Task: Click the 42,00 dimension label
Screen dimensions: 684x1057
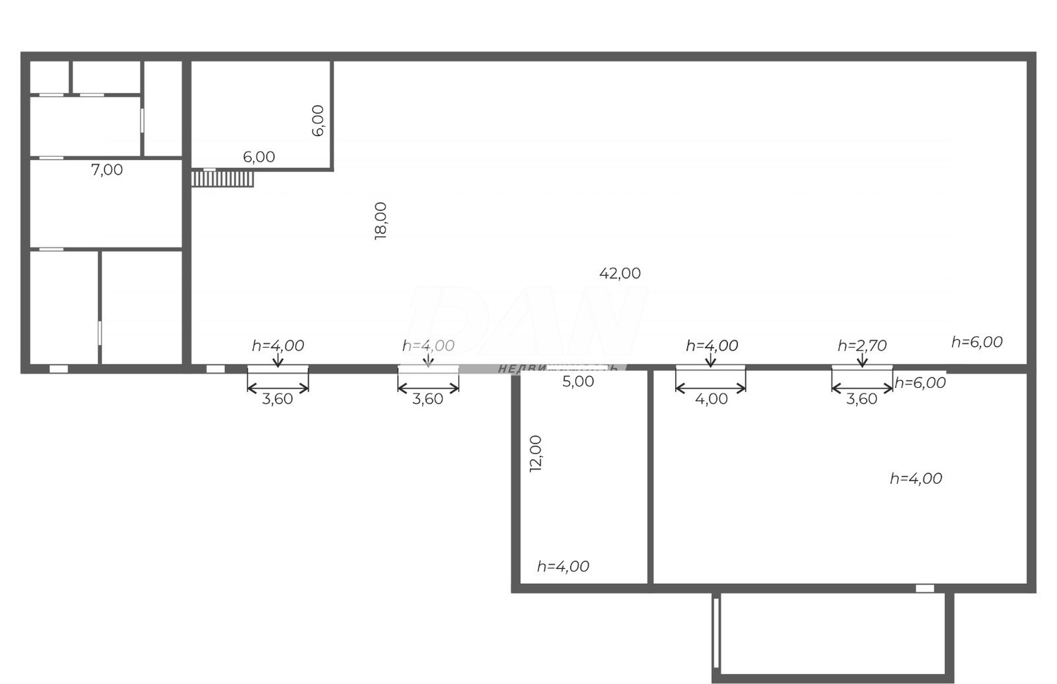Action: pos(620,274)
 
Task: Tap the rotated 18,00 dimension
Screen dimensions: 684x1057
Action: pos(381,221)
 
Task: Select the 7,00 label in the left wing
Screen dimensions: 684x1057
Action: pos(107,170)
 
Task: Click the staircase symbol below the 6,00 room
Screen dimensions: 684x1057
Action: pos(222,178)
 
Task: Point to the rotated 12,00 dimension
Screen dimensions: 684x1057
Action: pos(536,453)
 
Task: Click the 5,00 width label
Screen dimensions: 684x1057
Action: pos(578,381)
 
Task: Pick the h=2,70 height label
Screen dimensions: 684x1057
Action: pos(862,346)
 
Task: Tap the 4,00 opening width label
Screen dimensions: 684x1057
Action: pos(711,399)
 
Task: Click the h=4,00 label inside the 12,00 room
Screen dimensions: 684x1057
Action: pos(563,566)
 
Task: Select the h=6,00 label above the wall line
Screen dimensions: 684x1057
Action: pos(977,342)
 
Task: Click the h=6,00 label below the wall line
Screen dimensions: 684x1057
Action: pos(920,383)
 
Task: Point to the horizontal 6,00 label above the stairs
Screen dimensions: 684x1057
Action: pos(259,157)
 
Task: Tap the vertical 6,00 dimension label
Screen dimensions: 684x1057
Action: pos(318,120)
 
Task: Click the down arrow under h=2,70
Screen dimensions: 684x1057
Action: pos(862,360)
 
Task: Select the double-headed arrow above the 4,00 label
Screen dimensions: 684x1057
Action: pos(710,387)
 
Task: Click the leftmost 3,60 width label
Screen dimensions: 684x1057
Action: pos(278,399)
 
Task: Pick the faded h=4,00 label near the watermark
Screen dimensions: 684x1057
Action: pos(428,346)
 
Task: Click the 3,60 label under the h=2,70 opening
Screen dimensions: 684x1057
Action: pos(862,399)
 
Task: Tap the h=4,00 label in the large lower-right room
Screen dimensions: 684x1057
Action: pos(915,479)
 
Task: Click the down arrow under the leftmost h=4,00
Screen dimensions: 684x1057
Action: pos(278,360)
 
